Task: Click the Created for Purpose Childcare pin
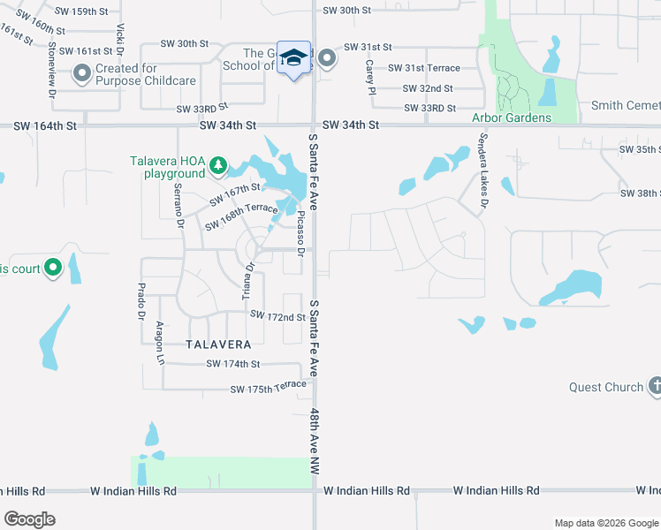[x=82, y=74]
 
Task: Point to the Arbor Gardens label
[x=512, y=117]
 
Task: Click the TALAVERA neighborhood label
[x=218, y=344]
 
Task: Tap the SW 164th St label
[x=46, y=126]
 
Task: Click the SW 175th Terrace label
[x=268, y=389]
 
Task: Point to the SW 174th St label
[x=233, y=364]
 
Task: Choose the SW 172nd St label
[x=277, y=315]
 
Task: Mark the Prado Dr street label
[x=140, y=300]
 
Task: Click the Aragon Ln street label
[x=161, y=343]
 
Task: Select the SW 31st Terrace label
[x=424, y=68]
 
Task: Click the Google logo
[x=29, y=519]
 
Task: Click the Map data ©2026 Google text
[x=605, y=523]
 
